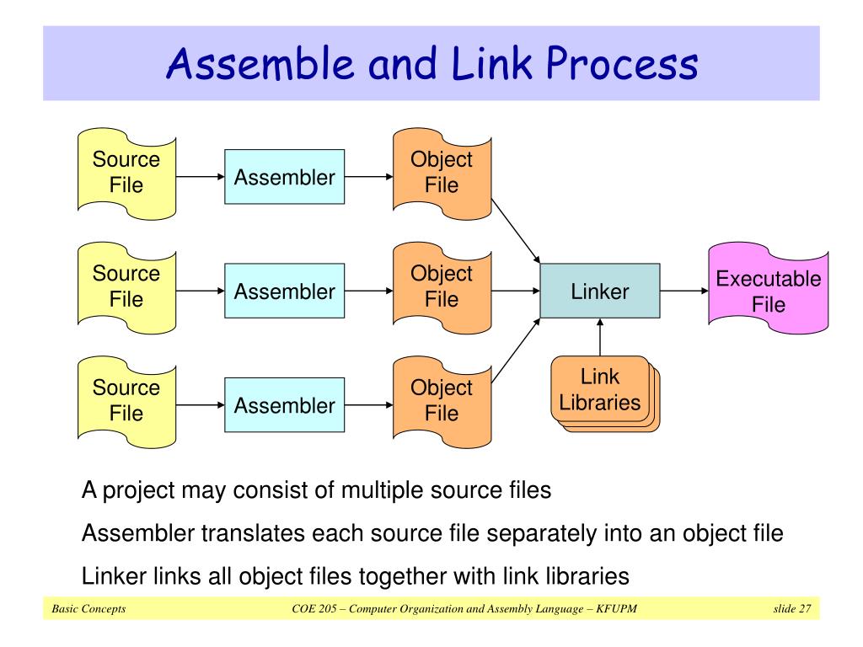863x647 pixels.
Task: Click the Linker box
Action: (599, 291)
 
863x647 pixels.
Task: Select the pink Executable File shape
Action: (768, 291)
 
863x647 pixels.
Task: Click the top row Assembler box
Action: (284, 177)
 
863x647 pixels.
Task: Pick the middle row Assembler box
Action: (284, 291)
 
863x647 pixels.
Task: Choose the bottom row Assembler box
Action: (284, 405)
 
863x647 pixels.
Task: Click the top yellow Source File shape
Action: (126, 173)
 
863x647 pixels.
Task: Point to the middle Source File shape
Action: (126, 286)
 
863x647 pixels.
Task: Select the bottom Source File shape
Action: (126, 401)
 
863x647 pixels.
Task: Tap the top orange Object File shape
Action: (441, 173)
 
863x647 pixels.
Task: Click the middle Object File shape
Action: (441, 286)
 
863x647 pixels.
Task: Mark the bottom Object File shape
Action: (441, 401)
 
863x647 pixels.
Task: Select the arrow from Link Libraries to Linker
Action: (600, 337)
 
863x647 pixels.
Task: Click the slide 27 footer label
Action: (791, 609)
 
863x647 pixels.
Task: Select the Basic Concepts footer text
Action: (88, 609)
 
